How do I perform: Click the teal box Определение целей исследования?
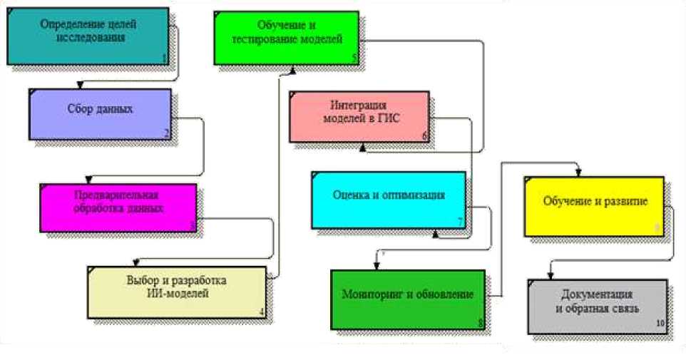(x=89, y=36)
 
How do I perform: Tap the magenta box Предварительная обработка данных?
(x=118, y=207)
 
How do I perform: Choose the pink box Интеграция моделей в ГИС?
(x=359, y=116)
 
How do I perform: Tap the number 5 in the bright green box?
(x=354, y=58)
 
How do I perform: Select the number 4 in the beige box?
(x=262, y=312)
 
